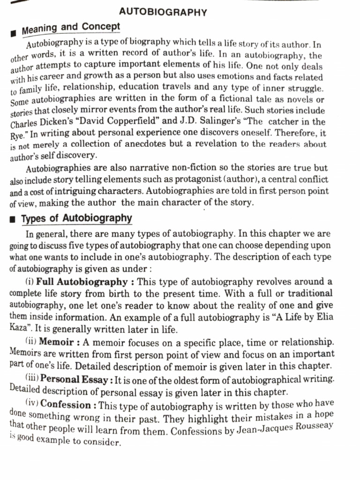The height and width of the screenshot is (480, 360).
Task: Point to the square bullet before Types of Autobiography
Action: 14,219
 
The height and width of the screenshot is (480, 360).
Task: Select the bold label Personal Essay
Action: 77,379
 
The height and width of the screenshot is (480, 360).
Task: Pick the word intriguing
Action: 96,192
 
